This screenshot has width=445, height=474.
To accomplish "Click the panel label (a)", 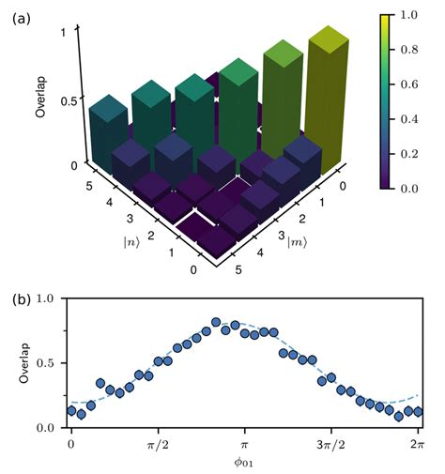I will [21, 17].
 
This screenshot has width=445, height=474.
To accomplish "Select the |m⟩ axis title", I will [299, 246].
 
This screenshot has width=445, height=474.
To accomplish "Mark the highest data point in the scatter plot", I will [216, 323].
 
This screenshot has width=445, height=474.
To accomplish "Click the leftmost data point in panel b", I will [71, 411].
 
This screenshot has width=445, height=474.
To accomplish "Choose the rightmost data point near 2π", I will [418, 412].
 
